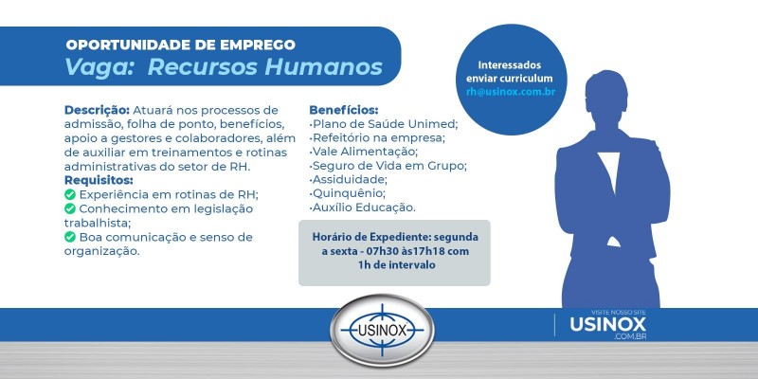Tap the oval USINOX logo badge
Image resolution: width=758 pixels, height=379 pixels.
tap(382, 331)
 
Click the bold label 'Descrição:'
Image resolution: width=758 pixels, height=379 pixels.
tap(97, 110)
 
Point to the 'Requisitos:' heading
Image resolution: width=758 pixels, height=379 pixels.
tap(99, 180)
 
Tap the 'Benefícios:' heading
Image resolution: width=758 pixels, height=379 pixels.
tap(343, 110)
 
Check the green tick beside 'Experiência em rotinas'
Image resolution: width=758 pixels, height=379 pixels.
tap(70, 194)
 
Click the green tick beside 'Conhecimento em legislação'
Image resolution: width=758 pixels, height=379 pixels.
tap(70, 208)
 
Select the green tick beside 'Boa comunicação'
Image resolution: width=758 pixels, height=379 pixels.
tap(70, 237)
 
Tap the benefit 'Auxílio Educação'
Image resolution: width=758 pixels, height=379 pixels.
tap(363, 208)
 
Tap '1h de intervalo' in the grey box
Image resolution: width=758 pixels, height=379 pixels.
tap(396, 266)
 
